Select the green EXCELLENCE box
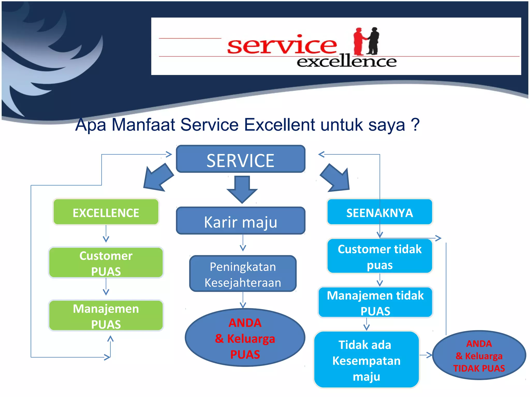pos(106,212)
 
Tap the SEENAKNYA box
pos(379,212)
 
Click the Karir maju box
pos(240,221)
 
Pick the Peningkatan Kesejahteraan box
pos(242,274)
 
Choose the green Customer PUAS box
pos(106,263)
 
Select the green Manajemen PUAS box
pos(106,316)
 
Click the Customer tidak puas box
pos(379,256)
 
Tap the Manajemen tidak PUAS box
pos(375,302)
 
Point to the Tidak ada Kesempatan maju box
pos(366,360)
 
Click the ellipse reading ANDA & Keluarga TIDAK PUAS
pos(479,355)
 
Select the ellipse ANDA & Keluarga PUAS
pos(245,338)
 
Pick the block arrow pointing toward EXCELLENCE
pos(158,179)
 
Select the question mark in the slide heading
pos(415,125)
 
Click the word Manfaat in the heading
pos(143,125)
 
